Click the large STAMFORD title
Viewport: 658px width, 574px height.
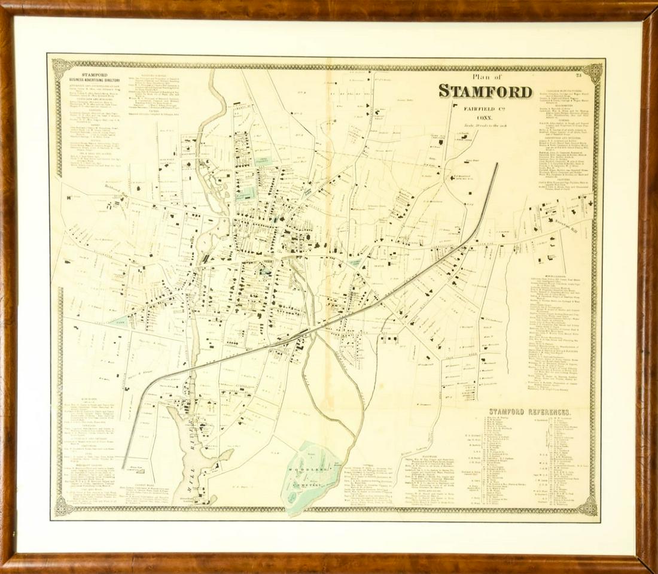click(485, 92)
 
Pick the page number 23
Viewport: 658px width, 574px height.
click(578, 74)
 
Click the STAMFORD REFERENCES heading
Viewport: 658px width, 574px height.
click(530, 412)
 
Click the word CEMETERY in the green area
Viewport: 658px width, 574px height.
click(315, 482)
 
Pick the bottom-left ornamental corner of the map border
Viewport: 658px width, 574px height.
click(62, 506)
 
